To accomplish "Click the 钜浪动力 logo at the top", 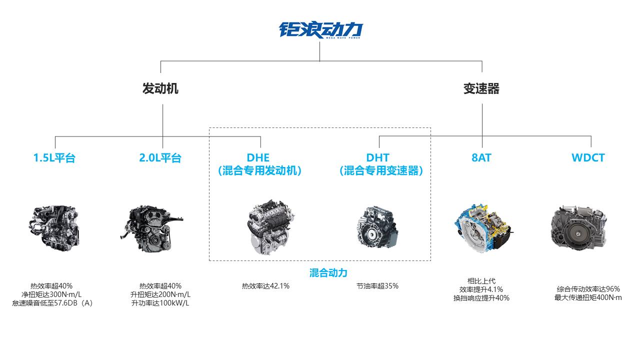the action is coord(321,30).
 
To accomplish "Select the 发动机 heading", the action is coord(160,88).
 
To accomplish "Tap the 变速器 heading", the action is coord(481,88).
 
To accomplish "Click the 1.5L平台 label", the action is coord(54,157).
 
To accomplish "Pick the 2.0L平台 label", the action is coord(160,157).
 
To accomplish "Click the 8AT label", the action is coord(481,157).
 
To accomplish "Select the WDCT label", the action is coord(588,157).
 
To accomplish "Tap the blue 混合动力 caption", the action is coord(328,273).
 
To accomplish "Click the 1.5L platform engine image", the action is coord(54,228).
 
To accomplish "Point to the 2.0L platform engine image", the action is coord(151,228).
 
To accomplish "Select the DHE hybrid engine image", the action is coord(270,227).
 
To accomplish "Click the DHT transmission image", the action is coord(377,227).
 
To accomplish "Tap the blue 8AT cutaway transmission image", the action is coord(483,228).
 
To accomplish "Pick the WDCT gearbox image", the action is coord(579,228).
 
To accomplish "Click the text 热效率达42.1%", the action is coord(265,286).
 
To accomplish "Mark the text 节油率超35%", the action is coord(377,286).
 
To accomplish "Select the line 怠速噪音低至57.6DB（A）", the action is coord(52,303).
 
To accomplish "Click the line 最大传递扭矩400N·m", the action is coord(588,297).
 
